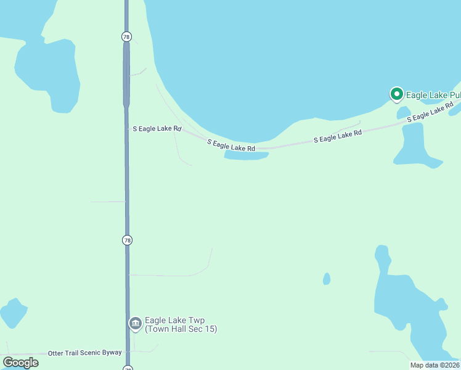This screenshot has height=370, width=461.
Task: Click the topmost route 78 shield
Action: (x=126, y=37)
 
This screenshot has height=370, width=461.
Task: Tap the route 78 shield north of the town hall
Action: (x=127, y=240)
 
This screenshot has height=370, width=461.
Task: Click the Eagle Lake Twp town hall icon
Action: (x=135, y=324)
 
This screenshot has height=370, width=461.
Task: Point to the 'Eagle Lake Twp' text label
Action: (x=174, y=321)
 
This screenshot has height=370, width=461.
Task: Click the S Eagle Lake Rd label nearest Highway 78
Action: (x=157, y=129)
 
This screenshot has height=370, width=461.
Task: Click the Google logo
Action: (x=20, y=363)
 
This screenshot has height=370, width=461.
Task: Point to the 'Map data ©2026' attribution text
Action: (x=434, y=365)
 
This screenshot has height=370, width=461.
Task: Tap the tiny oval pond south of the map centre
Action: (x=327, y=279)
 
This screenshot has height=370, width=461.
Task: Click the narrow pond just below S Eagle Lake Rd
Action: (x=247, y=155)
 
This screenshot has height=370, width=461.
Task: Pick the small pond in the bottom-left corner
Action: (x=12, y=313)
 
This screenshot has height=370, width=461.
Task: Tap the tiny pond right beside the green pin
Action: (x=404, y=113)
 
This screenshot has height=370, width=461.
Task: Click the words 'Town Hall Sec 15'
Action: (x=181, y=329)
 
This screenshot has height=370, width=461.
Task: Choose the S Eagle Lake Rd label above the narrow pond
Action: (x=231, y=146)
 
